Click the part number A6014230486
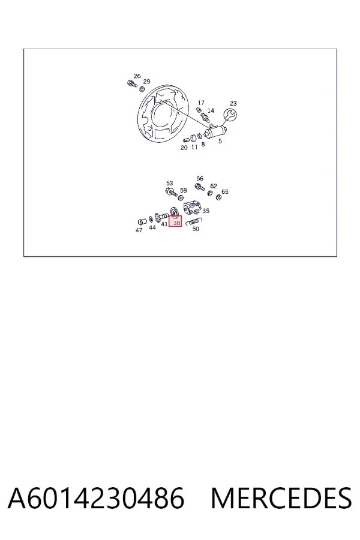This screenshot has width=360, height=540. [x=96, y=498]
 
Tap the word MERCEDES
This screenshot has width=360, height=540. [x=281, y=498]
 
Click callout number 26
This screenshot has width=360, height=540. [x=137, y=76]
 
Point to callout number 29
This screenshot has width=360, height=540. [x=147, y=81]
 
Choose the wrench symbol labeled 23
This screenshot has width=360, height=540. [x=230, y=115]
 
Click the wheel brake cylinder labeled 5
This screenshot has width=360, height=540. [x=216, y=131]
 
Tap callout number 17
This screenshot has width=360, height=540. [x=201, y=103]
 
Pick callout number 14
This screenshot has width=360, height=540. [x=211, y=110]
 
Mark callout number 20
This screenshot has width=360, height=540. [x=184, y=148]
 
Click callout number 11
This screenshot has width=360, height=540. [x=194, y=147]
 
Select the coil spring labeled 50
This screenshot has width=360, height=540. [x=194, y=221]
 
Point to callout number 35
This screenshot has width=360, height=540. [x=206, y=211]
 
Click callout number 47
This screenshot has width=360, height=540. [x=139, y=230]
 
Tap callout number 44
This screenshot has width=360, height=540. [x=152, y=227]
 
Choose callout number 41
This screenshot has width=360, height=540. [x=164, y=224]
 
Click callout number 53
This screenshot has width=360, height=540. [x=169, y=183]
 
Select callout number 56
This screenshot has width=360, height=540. [x=200, y=178]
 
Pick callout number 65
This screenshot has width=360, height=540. [x=225, y=191]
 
